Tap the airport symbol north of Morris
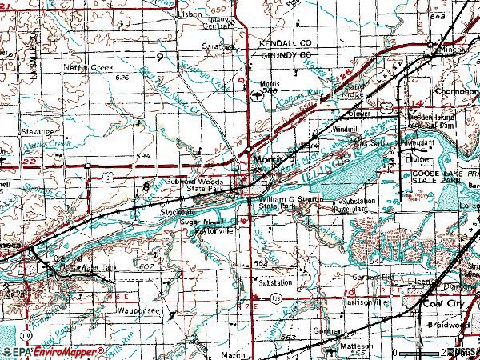(255, 94)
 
